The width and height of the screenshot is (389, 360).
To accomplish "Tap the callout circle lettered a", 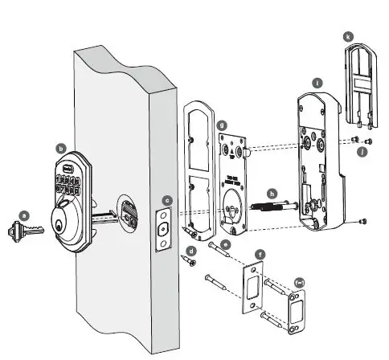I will click(x=24, y=215).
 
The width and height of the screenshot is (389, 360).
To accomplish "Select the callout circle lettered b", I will click(x=61, y=148).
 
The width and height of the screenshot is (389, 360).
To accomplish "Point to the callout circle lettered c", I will click(x=167, y=200).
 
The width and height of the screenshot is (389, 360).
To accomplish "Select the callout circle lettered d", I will click(x=190, y=252).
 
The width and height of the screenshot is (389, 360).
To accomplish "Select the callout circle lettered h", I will click(x=272, y=193).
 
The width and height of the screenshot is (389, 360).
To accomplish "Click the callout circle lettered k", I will click(x=346, y=37).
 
